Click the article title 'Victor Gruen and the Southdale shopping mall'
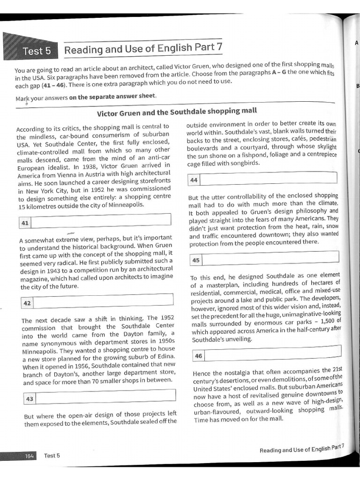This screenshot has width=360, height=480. tap(177, 112)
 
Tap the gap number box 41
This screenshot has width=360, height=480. tap(25, 222)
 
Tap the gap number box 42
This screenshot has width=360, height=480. tap(27, 303)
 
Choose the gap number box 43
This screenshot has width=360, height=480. tap(30, 398)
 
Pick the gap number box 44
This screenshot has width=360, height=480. tap(194, 180)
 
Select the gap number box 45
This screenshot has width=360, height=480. tap(196, 260)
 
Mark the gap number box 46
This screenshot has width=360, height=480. tap(199, 356)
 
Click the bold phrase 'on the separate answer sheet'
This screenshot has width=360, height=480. tap(112, 97)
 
